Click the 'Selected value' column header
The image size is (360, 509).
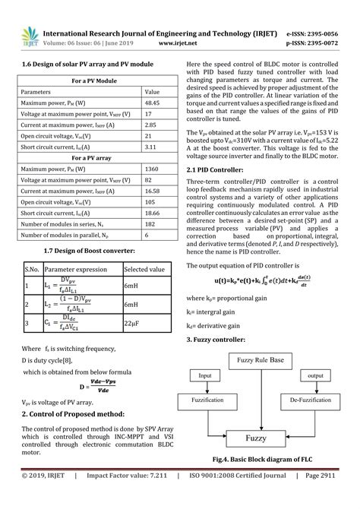[146, 268]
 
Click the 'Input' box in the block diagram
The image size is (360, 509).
[206, 375]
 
